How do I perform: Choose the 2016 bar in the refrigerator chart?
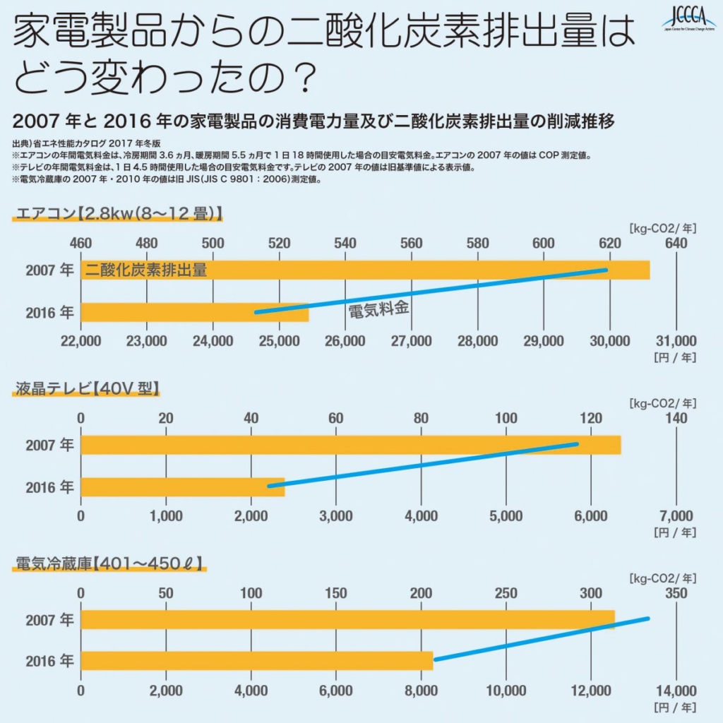254,661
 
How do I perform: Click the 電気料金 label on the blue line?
379,309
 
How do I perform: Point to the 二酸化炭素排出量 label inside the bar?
146,270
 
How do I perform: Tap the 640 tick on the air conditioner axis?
676,244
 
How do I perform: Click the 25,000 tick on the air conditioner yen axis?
279,341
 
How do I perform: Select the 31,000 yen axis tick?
676,341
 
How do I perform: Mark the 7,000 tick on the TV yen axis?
676,515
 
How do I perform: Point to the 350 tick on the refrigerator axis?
676,594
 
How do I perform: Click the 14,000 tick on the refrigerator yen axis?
676,691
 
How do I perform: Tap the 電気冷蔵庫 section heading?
109,563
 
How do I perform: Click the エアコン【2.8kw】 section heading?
117,213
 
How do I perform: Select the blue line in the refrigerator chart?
541,639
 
